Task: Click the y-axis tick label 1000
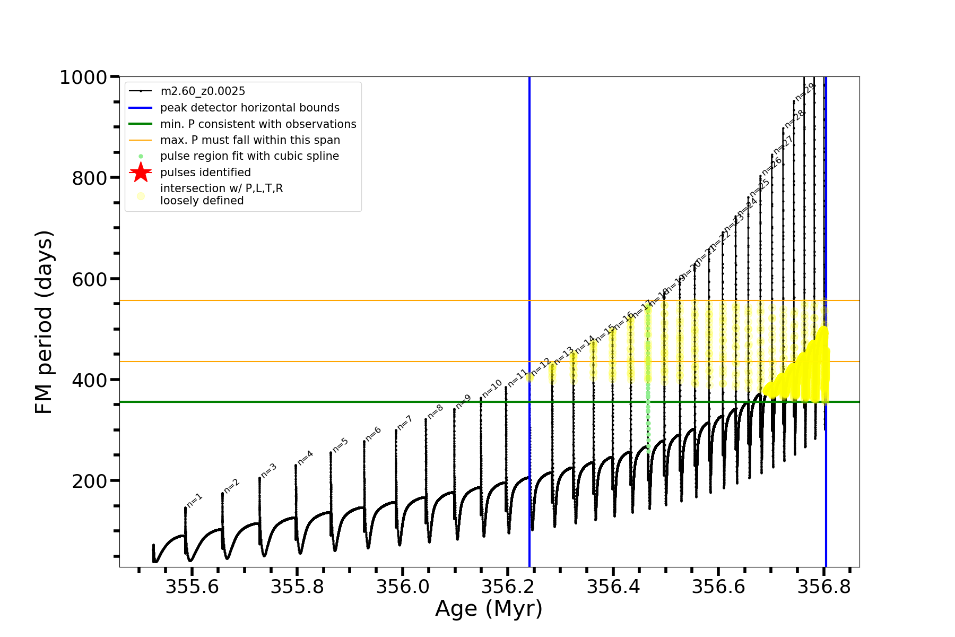[83, 78]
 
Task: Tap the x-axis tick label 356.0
[402, 587]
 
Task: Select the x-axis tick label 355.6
[192, 587]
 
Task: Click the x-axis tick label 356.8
[823, 587]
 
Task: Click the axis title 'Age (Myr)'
[489, 609]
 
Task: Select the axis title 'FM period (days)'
[44, 322]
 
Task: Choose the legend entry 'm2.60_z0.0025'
[203, 91]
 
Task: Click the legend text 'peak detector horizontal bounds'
[249, 108]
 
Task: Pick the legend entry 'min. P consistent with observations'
[258, 124]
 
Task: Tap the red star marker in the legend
[141, 173]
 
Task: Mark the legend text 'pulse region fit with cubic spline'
[249, 156]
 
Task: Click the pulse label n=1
[195, 500]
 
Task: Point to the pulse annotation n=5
[341, 445]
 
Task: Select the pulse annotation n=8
[435, 411]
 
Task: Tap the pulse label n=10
[492, 389]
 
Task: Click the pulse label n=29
[804, 92]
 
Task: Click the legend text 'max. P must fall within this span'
[250, 140]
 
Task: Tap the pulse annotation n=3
[268, 471]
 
